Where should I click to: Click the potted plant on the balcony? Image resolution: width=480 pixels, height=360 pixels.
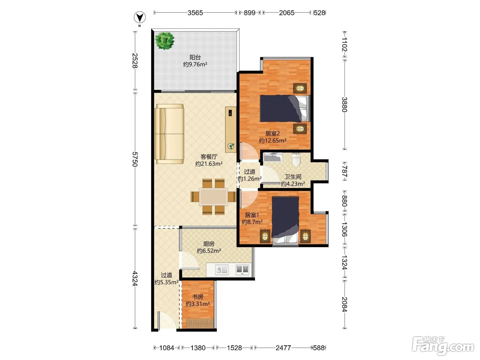(x=165, y=41)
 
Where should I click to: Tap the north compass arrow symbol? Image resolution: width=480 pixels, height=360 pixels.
(x=140, y=17)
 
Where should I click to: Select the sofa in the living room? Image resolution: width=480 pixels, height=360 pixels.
(x=169, y=134)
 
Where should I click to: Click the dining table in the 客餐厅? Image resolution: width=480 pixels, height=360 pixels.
(x=213, y=197)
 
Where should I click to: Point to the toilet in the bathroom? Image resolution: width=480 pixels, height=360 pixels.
(x=296, y=159)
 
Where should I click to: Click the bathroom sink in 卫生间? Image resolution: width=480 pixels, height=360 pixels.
(x=273, y=157)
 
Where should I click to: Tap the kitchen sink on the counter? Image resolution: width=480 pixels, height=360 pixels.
(x=222, y=270)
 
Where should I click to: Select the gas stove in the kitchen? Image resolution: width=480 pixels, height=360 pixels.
(x=242, y=270)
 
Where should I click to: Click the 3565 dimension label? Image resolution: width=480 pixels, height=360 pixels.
(x=195, y=13)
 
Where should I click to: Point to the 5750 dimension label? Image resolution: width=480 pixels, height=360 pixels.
(x=135, y=159)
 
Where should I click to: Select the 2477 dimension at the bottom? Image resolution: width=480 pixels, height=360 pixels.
(x=283, y=348)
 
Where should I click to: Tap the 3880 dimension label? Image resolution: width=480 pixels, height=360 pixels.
(x=345, y=105)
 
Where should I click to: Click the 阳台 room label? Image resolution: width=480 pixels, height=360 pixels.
(x=195, y=57)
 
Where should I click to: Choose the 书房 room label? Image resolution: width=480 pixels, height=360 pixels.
(x=198, y=297)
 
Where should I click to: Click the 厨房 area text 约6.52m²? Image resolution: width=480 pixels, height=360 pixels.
(x=209, y=251)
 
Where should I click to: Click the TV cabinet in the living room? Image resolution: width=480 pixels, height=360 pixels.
(x=231, y=129)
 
